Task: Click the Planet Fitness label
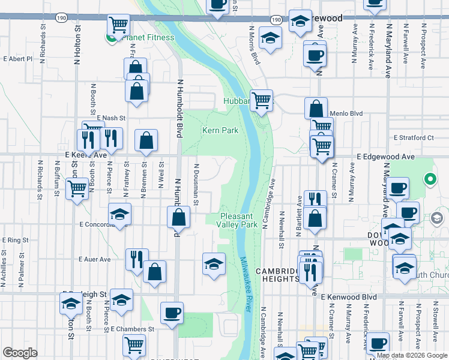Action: tap(147, 38)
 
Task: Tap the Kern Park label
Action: tap(220, 130)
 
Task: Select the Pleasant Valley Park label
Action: tap(238, 220)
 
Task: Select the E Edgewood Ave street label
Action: tap(385, 156)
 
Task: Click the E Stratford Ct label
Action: tap(414, 137)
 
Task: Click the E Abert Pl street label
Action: tap(17, 59)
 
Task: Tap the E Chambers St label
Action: tap(133, 329)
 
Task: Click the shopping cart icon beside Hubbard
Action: tap(262, 100)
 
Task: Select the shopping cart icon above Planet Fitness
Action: tap(119, 25)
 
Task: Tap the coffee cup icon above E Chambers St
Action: tap(172, 313)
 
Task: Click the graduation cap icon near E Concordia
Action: tap(120, 214)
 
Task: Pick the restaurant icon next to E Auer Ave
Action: tap(136, 259)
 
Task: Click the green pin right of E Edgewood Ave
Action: tap(430, 179)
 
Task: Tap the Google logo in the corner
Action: tap(20, 353)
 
